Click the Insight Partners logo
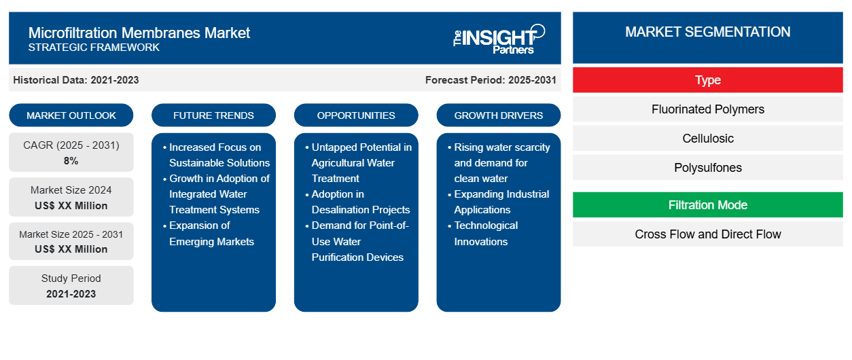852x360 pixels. (x=499, y=38)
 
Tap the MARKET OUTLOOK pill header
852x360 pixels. (x=71, y=115)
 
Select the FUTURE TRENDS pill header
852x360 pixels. (x=213, y=115)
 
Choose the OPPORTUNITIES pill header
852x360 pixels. (x=356, y=115)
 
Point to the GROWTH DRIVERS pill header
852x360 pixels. (x=499, y=115)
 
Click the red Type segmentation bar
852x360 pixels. (x=707, y=80)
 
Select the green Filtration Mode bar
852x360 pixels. (x=707, y=205)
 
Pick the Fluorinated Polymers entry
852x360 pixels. (x=707, y=109)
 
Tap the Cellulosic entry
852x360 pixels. (x=707, y=139)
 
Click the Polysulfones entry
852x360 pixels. (x=707, y=168)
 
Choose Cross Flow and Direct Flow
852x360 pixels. (x=707, y=234)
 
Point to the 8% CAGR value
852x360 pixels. (x=71, y=161)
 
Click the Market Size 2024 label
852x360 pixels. (x=71, y=190)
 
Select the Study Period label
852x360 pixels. (x=71, y=278)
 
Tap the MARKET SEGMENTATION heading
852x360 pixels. (x=707, y=32)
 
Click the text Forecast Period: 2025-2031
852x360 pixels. (x=491, y=80)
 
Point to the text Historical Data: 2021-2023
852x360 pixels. (x=76, y=80)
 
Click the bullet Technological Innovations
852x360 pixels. (x=486, y=234)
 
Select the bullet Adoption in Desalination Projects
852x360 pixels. (x=360, y=202)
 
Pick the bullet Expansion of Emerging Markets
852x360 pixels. (x=211, y=234)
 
